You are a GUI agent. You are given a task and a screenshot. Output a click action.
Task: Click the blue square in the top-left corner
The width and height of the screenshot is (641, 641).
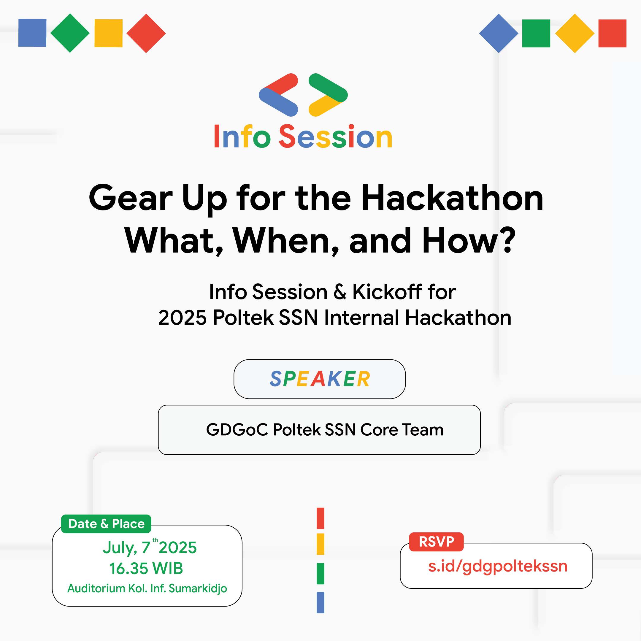(x=32, y=33)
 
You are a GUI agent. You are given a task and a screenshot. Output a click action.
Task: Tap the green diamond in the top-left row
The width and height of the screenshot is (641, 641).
(x=70, y=33)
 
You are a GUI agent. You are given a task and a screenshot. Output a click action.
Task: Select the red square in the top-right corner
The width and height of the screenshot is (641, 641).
(x=612, y=33)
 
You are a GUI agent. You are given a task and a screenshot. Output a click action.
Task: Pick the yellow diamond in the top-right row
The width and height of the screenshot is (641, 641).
(x=574, y=33)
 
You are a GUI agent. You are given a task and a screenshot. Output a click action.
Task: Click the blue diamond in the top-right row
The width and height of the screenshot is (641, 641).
(x=498, y=33)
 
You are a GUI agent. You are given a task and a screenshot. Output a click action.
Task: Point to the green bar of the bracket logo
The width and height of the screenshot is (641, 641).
(x=328, y=88)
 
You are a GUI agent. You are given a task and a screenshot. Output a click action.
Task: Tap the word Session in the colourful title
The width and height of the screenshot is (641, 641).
(x=335, y=137)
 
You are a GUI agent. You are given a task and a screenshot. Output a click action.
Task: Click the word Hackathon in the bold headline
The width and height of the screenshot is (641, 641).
(x=452, y=199)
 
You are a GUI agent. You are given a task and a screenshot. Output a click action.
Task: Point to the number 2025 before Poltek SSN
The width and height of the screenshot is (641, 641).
(x=182, y=318)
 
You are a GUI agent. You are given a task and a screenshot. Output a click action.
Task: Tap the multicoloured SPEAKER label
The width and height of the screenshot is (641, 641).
(x=320, y=379)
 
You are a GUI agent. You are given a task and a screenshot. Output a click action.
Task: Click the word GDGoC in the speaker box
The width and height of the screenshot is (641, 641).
(x=237, y=430)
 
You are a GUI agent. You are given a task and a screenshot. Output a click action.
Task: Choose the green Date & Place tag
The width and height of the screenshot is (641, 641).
(x=106, y=524)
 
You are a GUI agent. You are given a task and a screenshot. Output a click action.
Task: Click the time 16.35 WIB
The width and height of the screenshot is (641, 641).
(x=146, y=568)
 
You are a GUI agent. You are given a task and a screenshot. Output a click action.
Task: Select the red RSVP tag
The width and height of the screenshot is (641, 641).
(x=436, y=542)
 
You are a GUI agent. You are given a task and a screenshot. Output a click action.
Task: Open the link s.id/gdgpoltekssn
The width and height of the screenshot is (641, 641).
(x=497, y=566)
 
